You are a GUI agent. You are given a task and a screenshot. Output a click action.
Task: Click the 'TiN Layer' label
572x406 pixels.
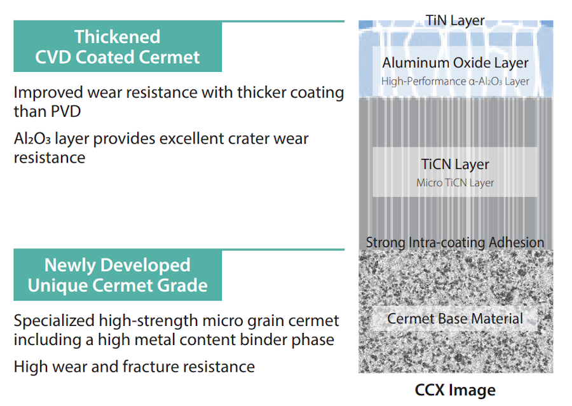point(455,20)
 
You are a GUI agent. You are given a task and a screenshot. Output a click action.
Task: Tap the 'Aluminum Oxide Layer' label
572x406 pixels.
point(455,63)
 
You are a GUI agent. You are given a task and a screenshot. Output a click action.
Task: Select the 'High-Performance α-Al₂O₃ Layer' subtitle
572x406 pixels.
point(455,81)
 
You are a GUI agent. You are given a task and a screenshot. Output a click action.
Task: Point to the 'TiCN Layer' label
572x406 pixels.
point(455,164)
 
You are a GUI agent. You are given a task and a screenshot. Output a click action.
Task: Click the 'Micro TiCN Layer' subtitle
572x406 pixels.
point(455,183)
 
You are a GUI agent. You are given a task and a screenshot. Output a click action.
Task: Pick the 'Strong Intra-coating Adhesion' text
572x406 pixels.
point(455,243)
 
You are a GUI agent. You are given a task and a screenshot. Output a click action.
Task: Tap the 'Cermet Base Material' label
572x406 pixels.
point(455,319)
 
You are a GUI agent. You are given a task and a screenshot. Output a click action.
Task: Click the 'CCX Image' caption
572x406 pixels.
point(455,389)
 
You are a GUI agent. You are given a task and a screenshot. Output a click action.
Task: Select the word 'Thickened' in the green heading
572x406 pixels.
point(117,37)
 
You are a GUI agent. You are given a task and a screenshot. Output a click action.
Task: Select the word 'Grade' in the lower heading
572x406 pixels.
point(185,286)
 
